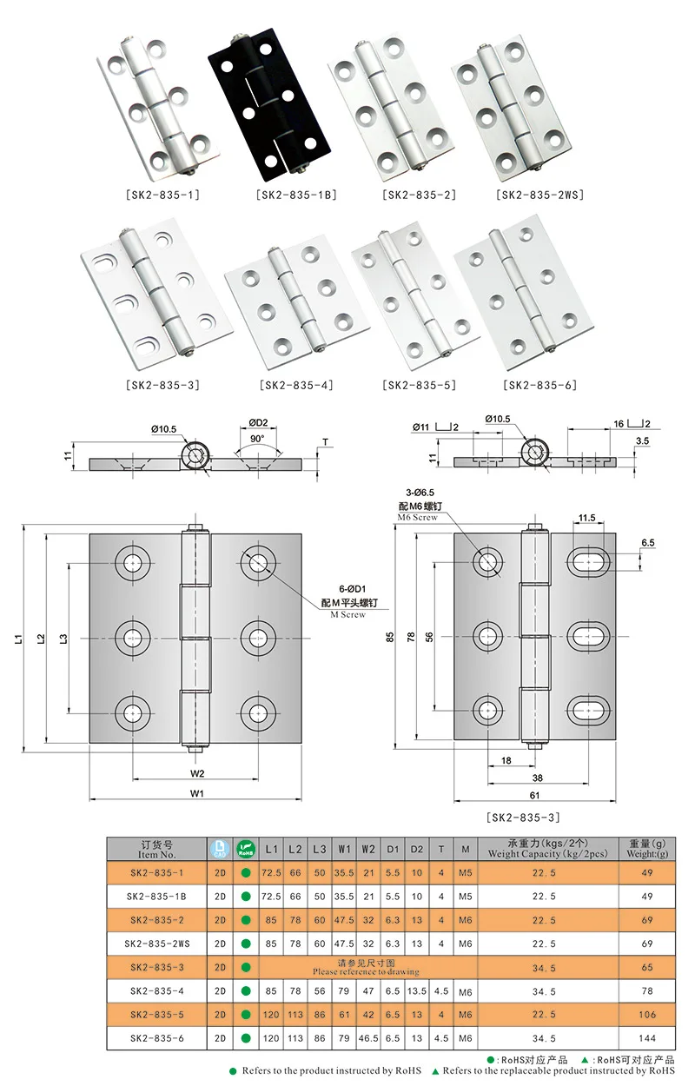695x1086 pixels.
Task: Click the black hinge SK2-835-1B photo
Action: [269, 104]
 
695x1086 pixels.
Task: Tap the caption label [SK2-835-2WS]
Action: [539, 195]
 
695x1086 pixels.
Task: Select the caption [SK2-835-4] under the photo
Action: [296, 385]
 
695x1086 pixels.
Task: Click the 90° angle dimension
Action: [258, 440]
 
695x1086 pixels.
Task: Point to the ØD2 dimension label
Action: [258, 422]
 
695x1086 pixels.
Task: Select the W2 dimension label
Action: [197, 773]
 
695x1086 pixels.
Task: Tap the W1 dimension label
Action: [197, 793]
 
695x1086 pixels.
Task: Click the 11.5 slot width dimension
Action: [585, 518]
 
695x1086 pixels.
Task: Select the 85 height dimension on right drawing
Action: [390, 637]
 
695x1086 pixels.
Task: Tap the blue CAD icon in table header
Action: [220, 849]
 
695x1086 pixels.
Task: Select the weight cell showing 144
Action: [645, 1037]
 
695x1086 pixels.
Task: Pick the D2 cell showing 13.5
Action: [417, 990]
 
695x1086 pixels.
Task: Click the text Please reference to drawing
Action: [366, 971]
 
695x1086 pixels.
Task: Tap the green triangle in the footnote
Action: [435, 1071]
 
